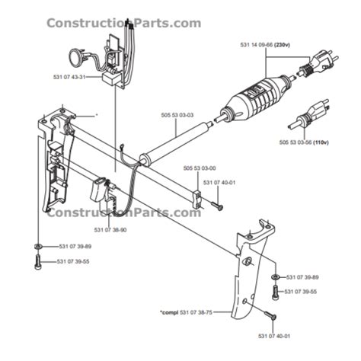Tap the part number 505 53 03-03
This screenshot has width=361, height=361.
tap(177, 115)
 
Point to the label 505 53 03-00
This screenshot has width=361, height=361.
tap(199, 168)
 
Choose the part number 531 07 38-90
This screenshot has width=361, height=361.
tap(111, 230)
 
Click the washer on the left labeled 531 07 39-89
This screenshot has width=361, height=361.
tap(38, 247)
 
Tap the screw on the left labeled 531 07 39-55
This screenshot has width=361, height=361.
tap(38, 263)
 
